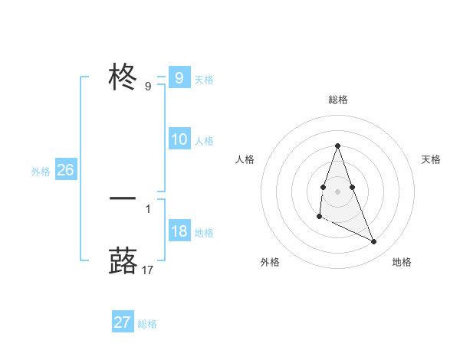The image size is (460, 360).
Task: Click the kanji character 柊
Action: coord(123,77)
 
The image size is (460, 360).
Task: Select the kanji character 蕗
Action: coord(123,260)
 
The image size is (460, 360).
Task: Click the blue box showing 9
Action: coord(179,77)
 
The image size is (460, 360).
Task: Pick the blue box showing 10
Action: coord(179,139)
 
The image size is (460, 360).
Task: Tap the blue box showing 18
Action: coord(179,231)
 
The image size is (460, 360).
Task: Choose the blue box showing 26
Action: coord(65,170)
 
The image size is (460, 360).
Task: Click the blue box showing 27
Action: coord(122,322)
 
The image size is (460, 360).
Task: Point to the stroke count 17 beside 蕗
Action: coord(148,270)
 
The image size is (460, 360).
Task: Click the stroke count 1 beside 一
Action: coord(148,208)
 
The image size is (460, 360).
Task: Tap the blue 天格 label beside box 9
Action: coord(204,79)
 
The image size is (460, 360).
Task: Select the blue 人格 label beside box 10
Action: coord(204,141)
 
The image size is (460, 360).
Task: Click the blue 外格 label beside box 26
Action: coord(41,172)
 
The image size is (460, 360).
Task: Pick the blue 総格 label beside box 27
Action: coord(147,324)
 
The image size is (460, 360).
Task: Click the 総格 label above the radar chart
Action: coord(338,100)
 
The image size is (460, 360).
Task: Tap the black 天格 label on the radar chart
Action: coord(432,159)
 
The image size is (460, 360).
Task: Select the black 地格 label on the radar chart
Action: coord(402,262)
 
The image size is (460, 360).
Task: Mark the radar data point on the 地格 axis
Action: coord(374,241)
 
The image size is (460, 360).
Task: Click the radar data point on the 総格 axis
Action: coord(337,146)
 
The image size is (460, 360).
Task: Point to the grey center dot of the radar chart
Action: coord(337,190)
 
